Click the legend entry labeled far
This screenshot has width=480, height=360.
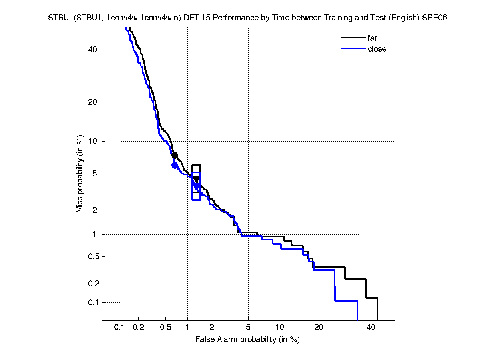372,38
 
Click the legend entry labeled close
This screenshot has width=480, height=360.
377,49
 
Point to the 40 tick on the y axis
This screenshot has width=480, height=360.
93,50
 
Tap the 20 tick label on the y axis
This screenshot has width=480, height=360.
93,102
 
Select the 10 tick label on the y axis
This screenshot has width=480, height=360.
93,141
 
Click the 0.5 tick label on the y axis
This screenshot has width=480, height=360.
92,256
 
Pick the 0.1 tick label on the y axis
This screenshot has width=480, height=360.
92,302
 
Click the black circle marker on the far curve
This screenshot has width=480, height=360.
175,155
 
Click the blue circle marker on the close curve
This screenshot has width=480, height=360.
175,165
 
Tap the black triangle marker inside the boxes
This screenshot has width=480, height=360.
196,179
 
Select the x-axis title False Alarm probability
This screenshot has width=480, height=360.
247,340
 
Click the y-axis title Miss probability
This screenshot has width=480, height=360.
80,174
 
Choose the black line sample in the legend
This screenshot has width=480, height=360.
353,38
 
